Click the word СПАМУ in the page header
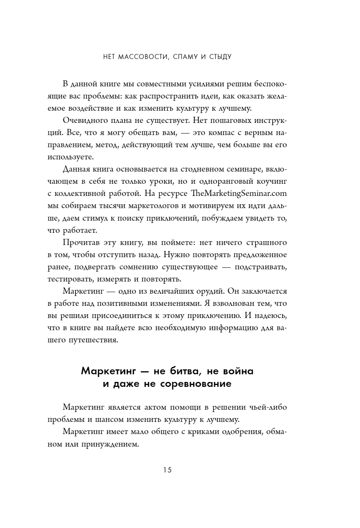(x=185, y=57)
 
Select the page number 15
(x=168, y=470)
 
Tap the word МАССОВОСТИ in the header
(x=143, y=57)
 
